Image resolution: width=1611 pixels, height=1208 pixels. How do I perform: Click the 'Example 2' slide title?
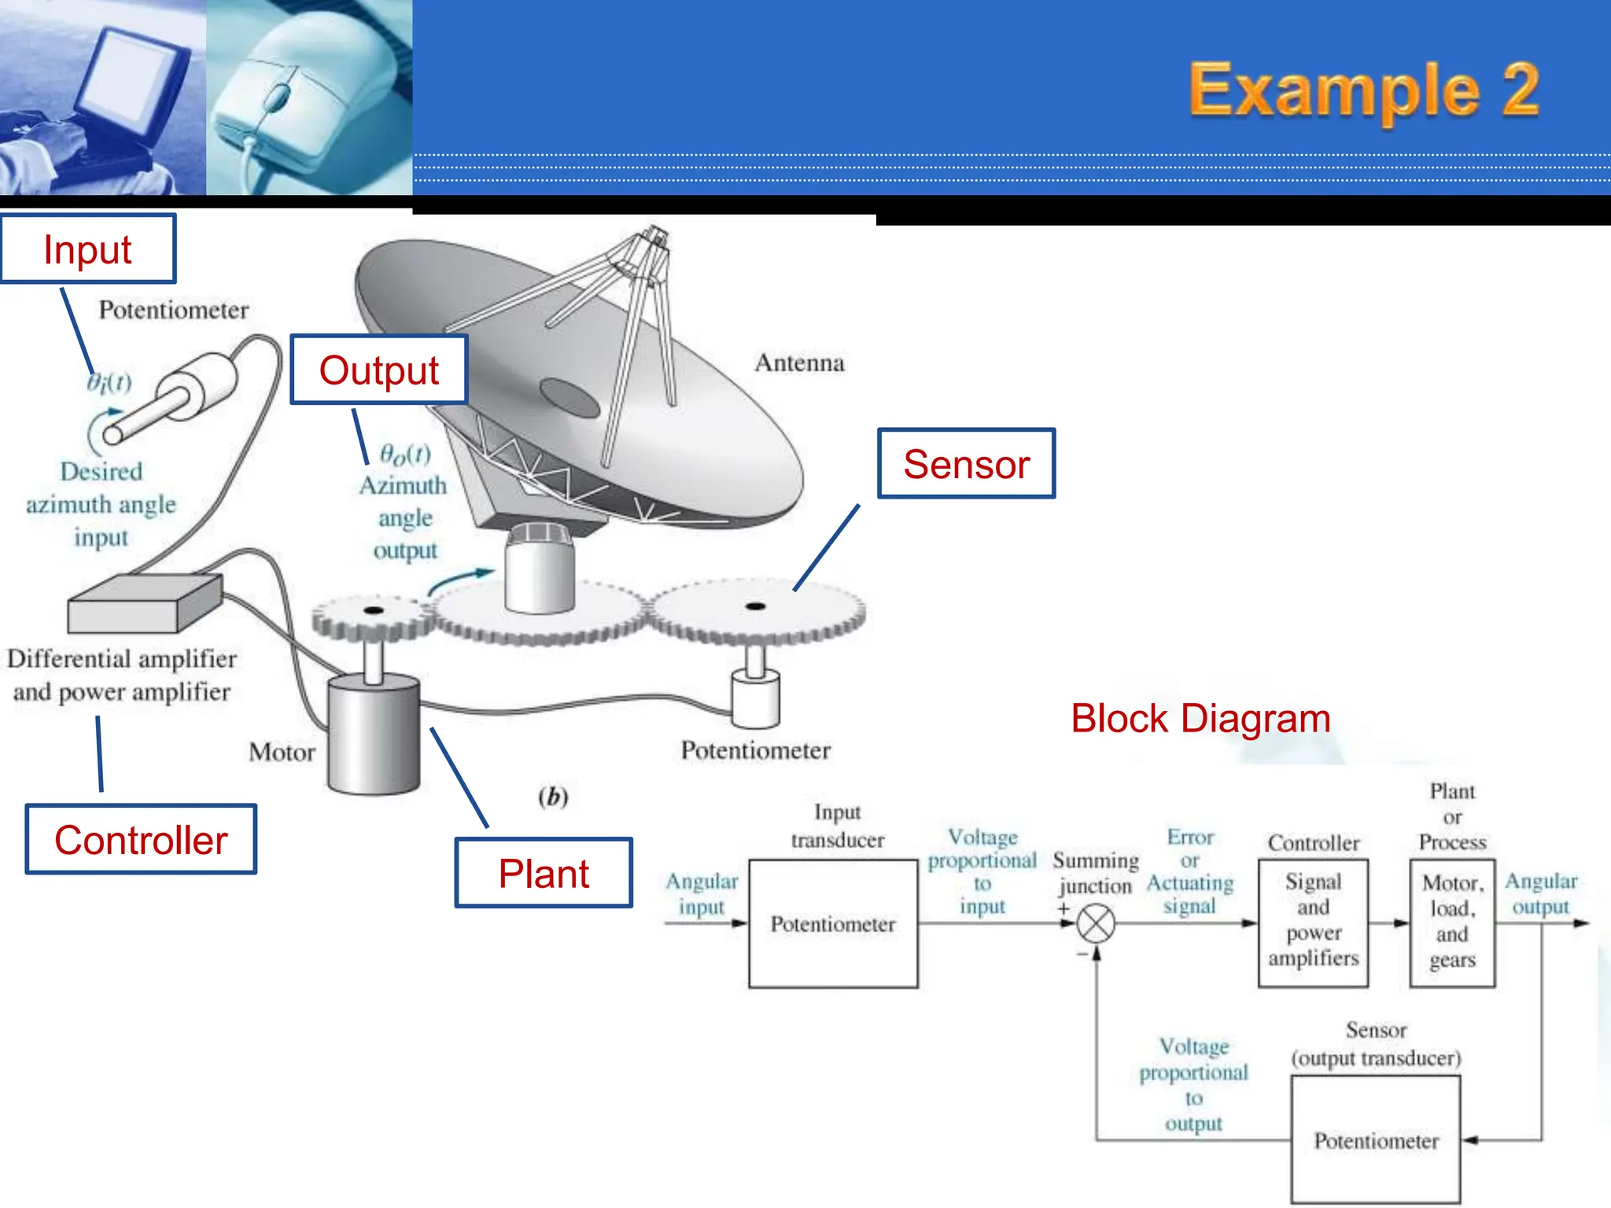click(1363, 90)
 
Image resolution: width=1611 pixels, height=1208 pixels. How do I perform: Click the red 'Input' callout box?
click(88, 249)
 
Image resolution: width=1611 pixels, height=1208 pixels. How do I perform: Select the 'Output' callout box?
click(379, 370)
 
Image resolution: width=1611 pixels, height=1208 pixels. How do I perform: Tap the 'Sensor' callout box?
click(966, 464)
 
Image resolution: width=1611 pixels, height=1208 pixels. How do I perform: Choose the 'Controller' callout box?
click(141, 839)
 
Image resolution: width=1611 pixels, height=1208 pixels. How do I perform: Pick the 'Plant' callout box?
click(544, 873)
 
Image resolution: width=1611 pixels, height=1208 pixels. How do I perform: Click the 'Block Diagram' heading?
click(1200, 718)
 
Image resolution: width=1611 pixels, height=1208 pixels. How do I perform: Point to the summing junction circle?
click(1095, 923)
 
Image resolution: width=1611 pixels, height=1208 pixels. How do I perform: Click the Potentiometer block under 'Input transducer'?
click(833, 924)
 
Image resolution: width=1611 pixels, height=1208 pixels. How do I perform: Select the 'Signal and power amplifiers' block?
click(1313, 922)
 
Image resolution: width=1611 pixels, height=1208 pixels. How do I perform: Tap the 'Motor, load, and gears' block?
click(1452, 922)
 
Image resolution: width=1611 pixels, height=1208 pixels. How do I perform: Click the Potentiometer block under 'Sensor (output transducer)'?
click(1376, 1140)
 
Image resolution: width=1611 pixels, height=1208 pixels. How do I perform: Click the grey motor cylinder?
click(374, 735)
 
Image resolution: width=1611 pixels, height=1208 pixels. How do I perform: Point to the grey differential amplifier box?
click(143, 604)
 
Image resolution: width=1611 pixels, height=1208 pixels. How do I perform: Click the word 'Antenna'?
click(799, 363)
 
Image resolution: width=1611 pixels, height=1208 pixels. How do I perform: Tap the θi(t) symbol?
click(109, 382)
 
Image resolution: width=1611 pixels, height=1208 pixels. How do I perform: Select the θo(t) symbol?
click(405, 454)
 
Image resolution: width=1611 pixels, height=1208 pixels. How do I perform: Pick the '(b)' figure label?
click(553, 797)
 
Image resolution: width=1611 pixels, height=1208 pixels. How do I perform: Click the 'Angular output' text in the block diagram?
click(1541, 893)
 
